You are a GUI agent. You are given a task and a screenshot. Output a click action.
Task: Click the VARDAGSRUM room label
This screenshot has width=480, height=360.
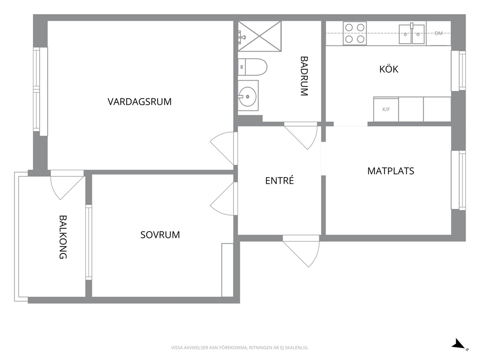pyautogui.click(x=139, y=102)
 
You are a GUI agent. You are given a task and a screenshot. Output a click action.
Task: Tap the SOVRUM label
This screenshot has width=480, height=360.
pyautogui.click(x=160, y=235)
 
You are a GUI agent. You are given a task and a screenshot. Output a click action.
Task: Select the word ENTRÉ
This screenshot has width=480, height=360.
pyautogui.click(x=280, y=180)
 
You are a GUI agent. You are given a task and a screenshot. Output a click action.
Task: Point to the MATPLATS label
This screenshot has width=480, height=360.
pyautogui.click(x=390, y=171)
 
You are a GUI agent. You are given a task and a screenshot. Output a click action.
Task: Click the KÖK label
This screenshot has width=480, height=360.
pyautogui.click(x=389, y=69)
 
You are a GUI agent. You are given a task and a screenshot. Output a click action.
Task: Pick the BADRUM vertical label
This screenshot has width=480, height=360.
pyautogui.click(x=304, y=76)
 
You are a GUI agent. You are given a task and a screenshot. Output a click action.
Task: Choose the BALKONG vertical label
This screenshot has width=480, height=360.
pyautogui.click(x=63, y=237)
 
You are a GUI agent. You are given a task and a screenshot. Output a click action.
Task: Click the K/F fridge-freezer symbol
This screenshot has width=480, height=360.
pyautogui.click(x=386, y=109)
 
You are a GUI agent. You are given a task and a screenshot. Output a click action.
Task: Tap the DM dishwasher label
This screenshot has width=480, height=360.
pyautogui.click(x=438, y=33)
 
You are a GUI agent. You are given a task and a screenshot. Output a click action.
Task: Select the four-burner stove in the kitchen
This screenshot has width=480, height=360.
pyautogui.click(x=355, y=33)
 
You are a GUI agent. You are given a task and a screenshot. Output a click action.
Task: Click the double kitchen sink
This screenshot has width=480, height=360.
pyautogui.click(x=412, y=34)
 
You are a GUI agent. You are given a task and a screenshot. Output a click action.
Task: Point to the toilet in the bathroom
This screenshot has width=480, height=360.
pyautogui.click(x=253, y=67)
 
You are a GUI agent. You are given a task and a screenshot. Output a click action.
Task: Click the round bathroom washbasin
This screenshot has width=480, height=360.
pyautogui.click(x=247, y=96)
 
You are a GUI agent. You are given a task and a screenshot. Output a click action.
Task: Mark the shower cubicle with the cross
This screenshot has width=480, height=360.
pyautogui.click(x=259, y=36)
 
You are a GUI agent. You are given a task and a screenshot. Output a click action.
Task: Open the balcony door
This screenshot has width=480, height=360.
pyautogui.click(x=67, y=185)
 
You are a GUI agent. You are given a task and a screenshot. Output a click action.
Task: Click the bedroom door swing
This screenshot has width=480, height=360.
pyautogui.click(x=224, y=199)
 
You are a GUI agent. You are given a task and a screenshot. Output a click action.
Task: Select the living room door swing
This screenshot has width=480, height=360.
pyautogui.click(x=224, y=149)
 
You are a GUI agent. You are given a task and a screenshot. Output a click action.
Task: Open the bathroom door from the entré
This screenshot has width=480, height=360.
pyautogui.click(x=301, y=135)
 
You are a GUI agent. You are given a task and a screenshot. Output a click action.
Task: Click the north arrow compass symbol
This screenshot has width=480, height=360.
pyautogui.click(x=460, y=344)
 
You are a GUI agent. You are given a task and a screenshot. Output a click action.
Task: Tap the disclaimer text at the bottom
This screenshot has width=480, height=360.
pyautogui.click(x=240, y=348)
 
